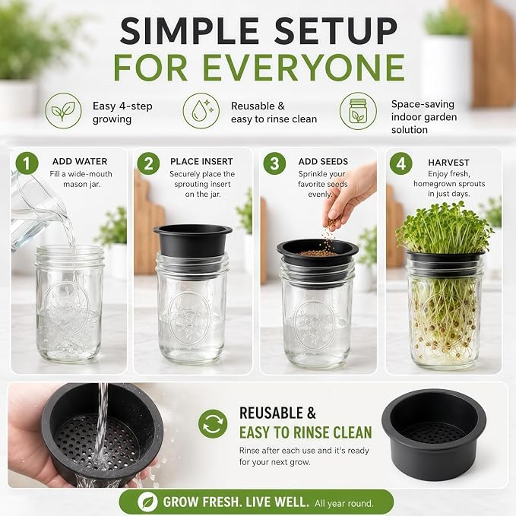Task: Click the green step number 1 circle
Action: tap(27, 163)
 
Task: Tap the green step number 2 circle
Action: tap(148, 163)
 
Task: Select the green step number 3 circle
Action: tap(274, 163)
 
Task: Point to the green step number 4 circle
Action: tap(400, 163)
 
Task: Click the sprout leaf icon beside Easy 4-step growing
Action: tap(63, 111)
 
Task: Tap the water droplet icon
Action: tap(201, 111)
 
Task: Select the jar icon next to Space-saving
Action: tap(358, 111)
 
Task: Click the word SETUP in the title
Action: tap(336, 30)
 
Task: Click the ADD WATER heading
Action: tap(80, 161)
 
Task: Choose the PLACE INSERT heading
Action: tap(201, 161)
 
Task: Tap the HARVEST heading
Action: tap(448, 163)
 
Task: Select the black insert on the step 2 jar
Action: tap(192, 242)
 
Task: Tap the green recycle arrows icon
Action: tap(213, 423)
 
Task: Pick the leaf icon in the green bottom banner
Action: tap(147, 502)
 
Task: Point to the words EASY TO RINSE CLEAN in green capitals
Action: tap(305, 432)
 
